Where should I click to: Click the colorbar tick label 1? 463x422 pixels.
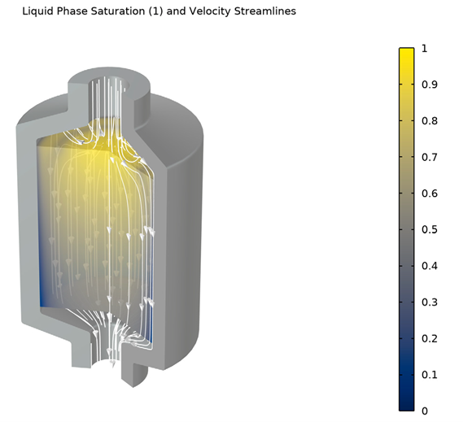(x=425, y=49)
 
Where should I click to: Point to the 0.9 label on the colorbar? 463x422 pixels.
(x=430, y=85)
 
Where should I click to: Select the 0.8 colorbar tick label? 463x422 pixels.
(x=430, y=121)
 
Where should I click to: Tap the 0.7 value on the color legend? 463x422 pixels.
(x=430, y=157)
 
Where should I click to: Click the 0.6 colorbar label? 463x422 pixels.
(x=430, y=194)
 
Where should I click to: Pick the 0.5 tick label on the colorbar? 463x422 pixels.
(x=430, y=229)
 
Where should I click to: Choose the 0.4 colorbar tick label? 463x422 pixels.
(x=430, y=266)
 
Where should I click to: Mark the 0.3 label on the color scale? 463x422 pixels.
(x=430, y=302)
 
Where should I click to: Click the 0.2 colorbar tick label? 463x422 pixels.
(x=430, y=338)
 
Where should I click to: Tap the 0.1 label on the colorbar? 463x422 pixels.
(x=430, y=375)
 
